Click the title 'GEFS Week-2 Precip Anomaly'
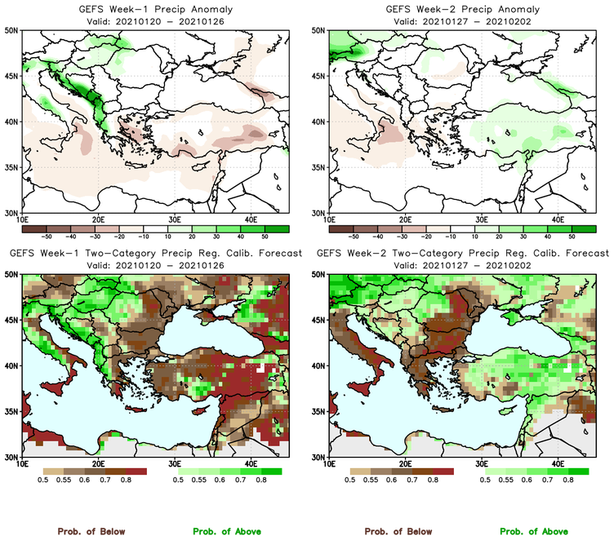click(x=461, y=9)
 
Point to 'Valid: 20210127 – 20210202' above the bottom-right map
click(x=461, y=265)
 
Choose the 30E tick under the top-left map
click(x=174, y=219)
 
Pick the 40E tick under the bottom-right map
click(x=558, y=464)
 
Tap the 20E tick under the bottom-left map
click(x=98, y=464)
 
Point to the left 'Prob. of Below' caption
click(x=91, y=531)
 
